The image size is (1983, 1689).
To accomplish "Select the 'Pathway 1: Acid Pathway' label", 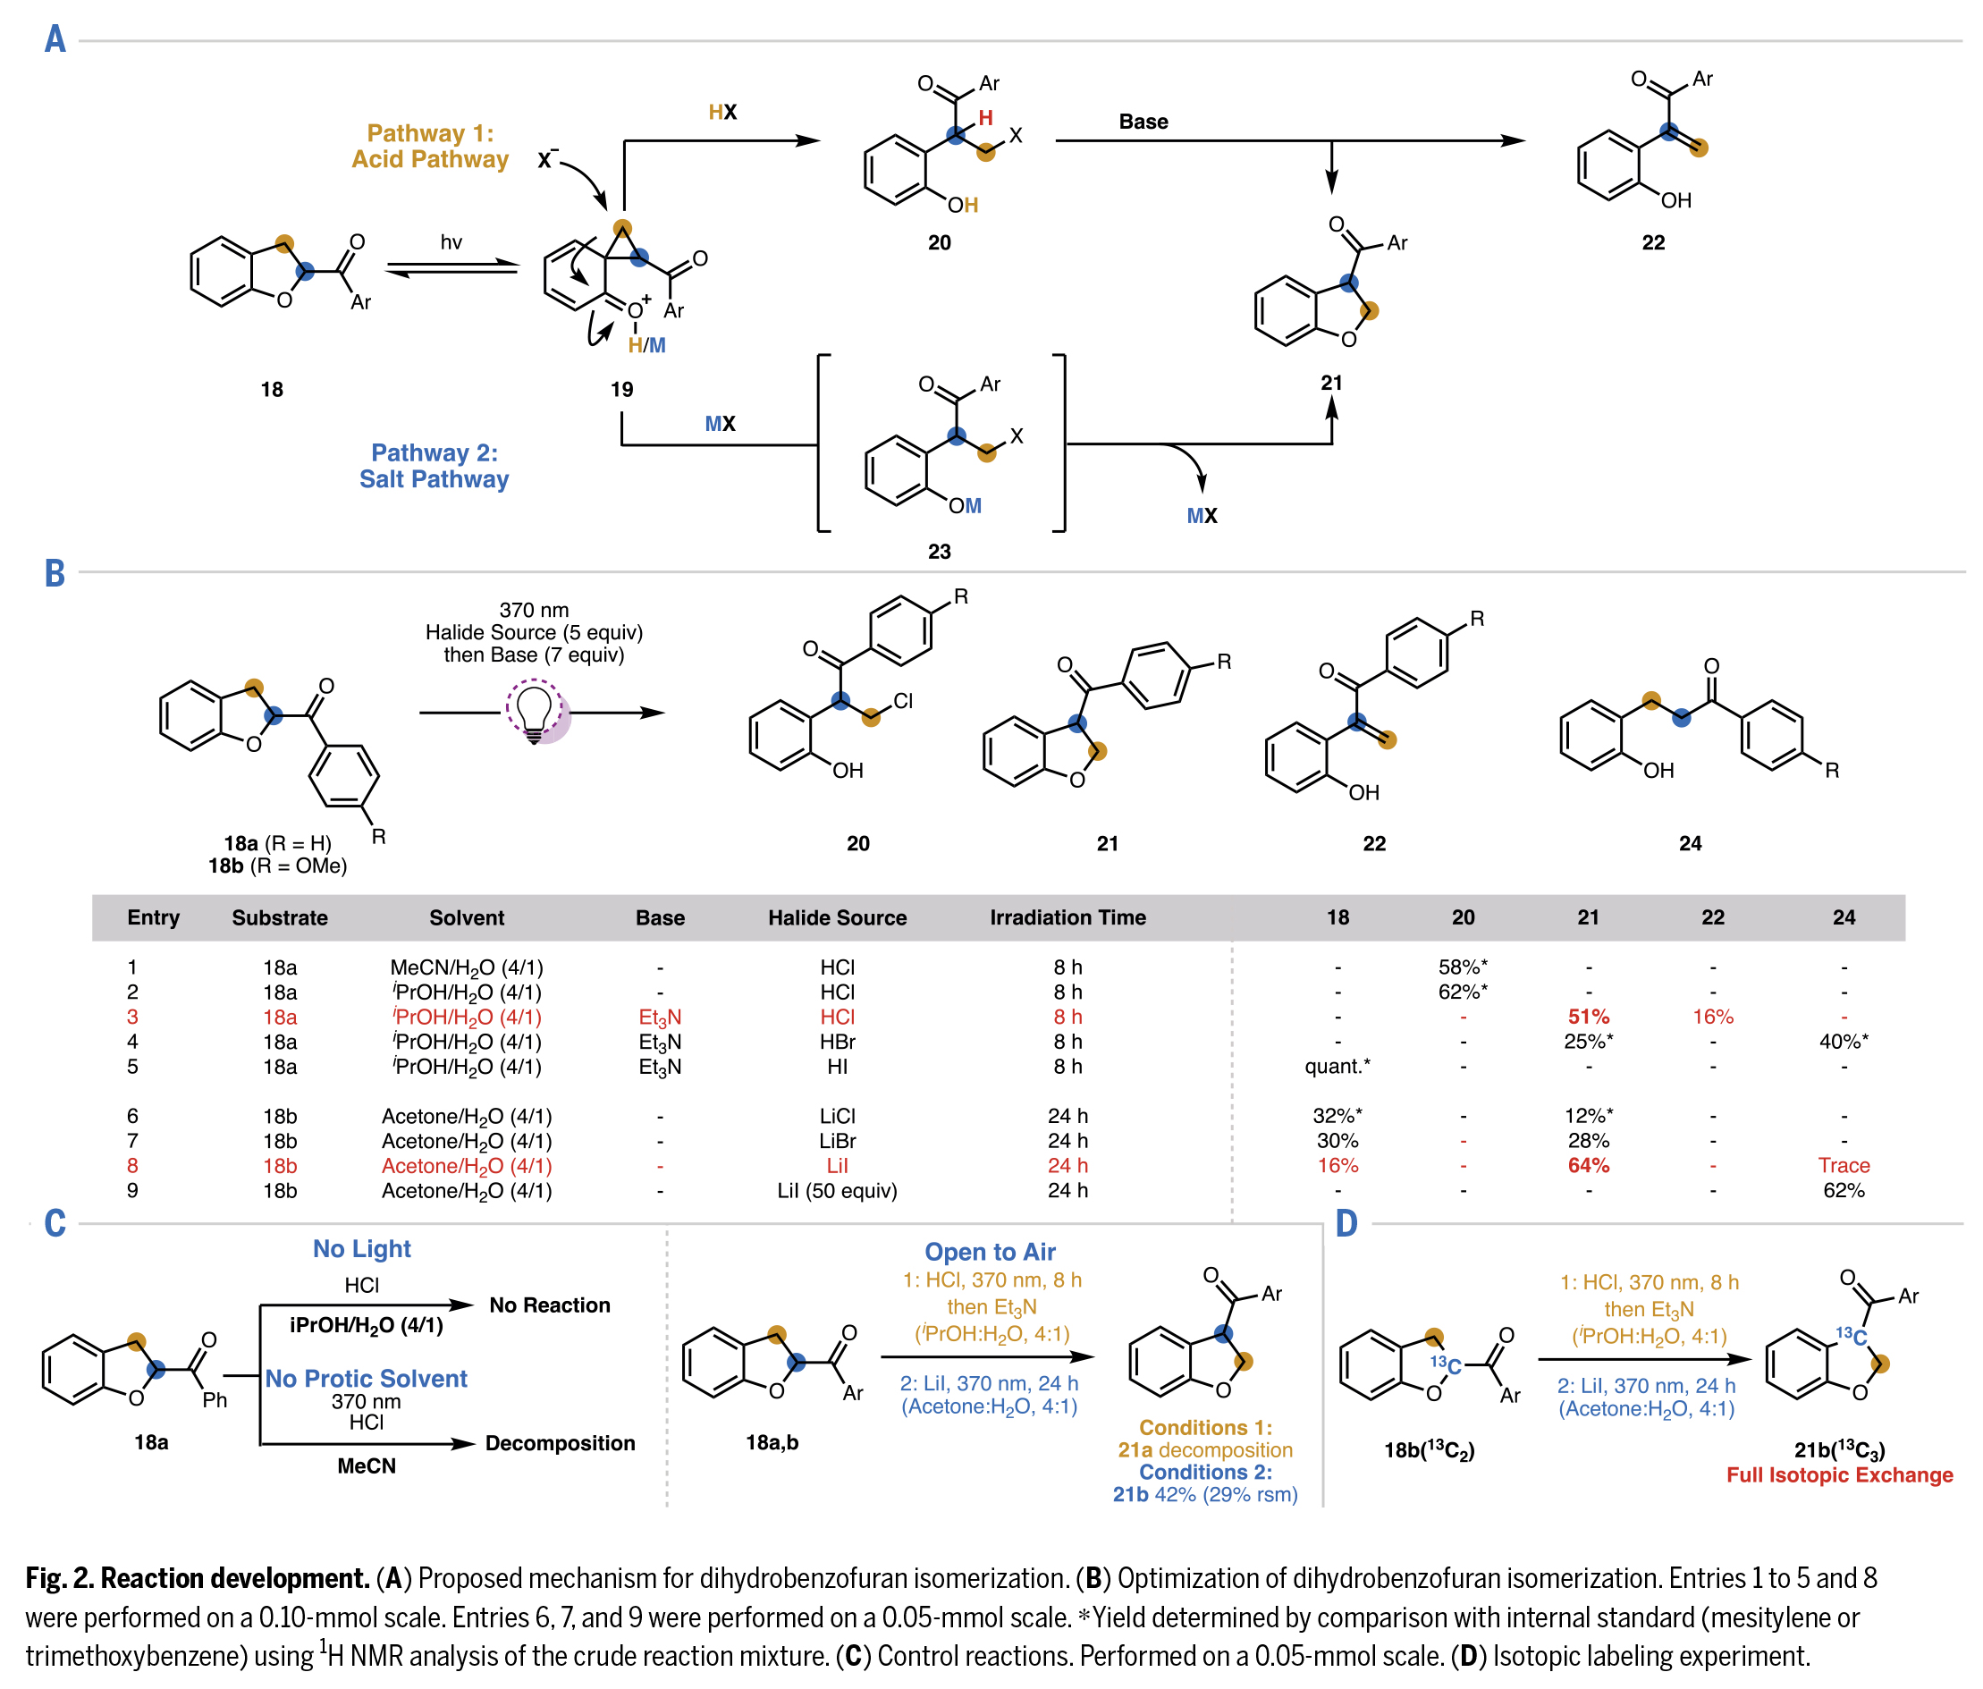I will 430,147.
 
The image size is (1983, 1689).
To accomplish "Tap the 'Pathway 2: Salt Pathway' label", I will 434,466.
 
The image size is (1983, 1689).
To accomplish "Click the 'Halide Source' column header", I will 837,917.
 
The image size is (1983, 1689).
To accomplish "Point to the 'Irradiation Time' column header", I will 1067,917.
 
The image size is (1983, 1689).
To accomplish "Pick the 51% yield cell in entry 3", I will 1588,1017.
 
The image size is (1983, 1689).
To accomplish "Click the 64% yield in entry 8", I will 1588,1166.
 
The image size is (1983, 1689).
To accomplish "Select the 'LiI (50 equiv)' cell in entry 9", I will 837,1190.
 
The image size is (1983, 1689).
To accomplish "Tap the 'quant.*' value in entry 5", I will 1337,1066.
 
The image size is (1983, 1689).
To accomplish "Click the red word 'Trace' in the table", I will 1844,1166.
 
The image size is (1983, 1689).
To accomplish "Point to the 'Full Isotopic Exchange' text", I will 1838,1474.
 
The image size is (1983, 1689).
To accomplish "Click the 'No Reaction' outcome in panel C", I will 549,1305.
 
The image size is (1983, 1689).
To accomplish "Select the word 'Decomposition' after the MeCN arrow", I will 560,1443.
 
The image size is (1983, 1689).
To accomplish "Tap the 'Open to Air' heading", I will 990,1252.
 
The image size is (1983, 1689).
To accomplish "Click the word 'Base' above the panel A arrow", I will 1143,122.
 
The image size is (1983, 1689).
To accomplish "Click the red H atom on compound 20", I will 985,118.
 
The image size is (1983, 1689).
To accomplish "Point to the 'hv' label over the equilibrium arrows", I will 451,242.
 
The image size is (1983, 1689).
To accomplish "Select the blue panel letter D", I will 1346,1224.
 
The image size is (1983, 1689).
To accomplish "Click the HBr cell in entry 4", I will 837,1041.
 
